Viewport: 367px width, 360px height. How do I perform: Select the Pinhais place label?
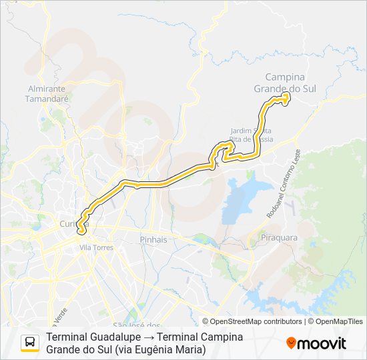153,239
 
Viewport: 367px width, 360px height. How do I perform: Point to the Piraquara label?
280,237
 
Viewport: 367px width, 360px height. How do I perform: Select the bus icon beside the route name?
30,343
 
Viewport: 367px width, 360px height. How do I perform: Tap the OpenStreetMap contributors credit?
256,321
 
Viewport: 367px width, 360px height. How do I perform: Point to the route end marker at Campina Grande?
286,98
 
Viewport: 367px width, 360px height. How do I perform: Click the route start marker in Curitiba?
82,231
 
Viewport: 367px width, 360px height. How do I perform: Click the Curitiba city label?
69,223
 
